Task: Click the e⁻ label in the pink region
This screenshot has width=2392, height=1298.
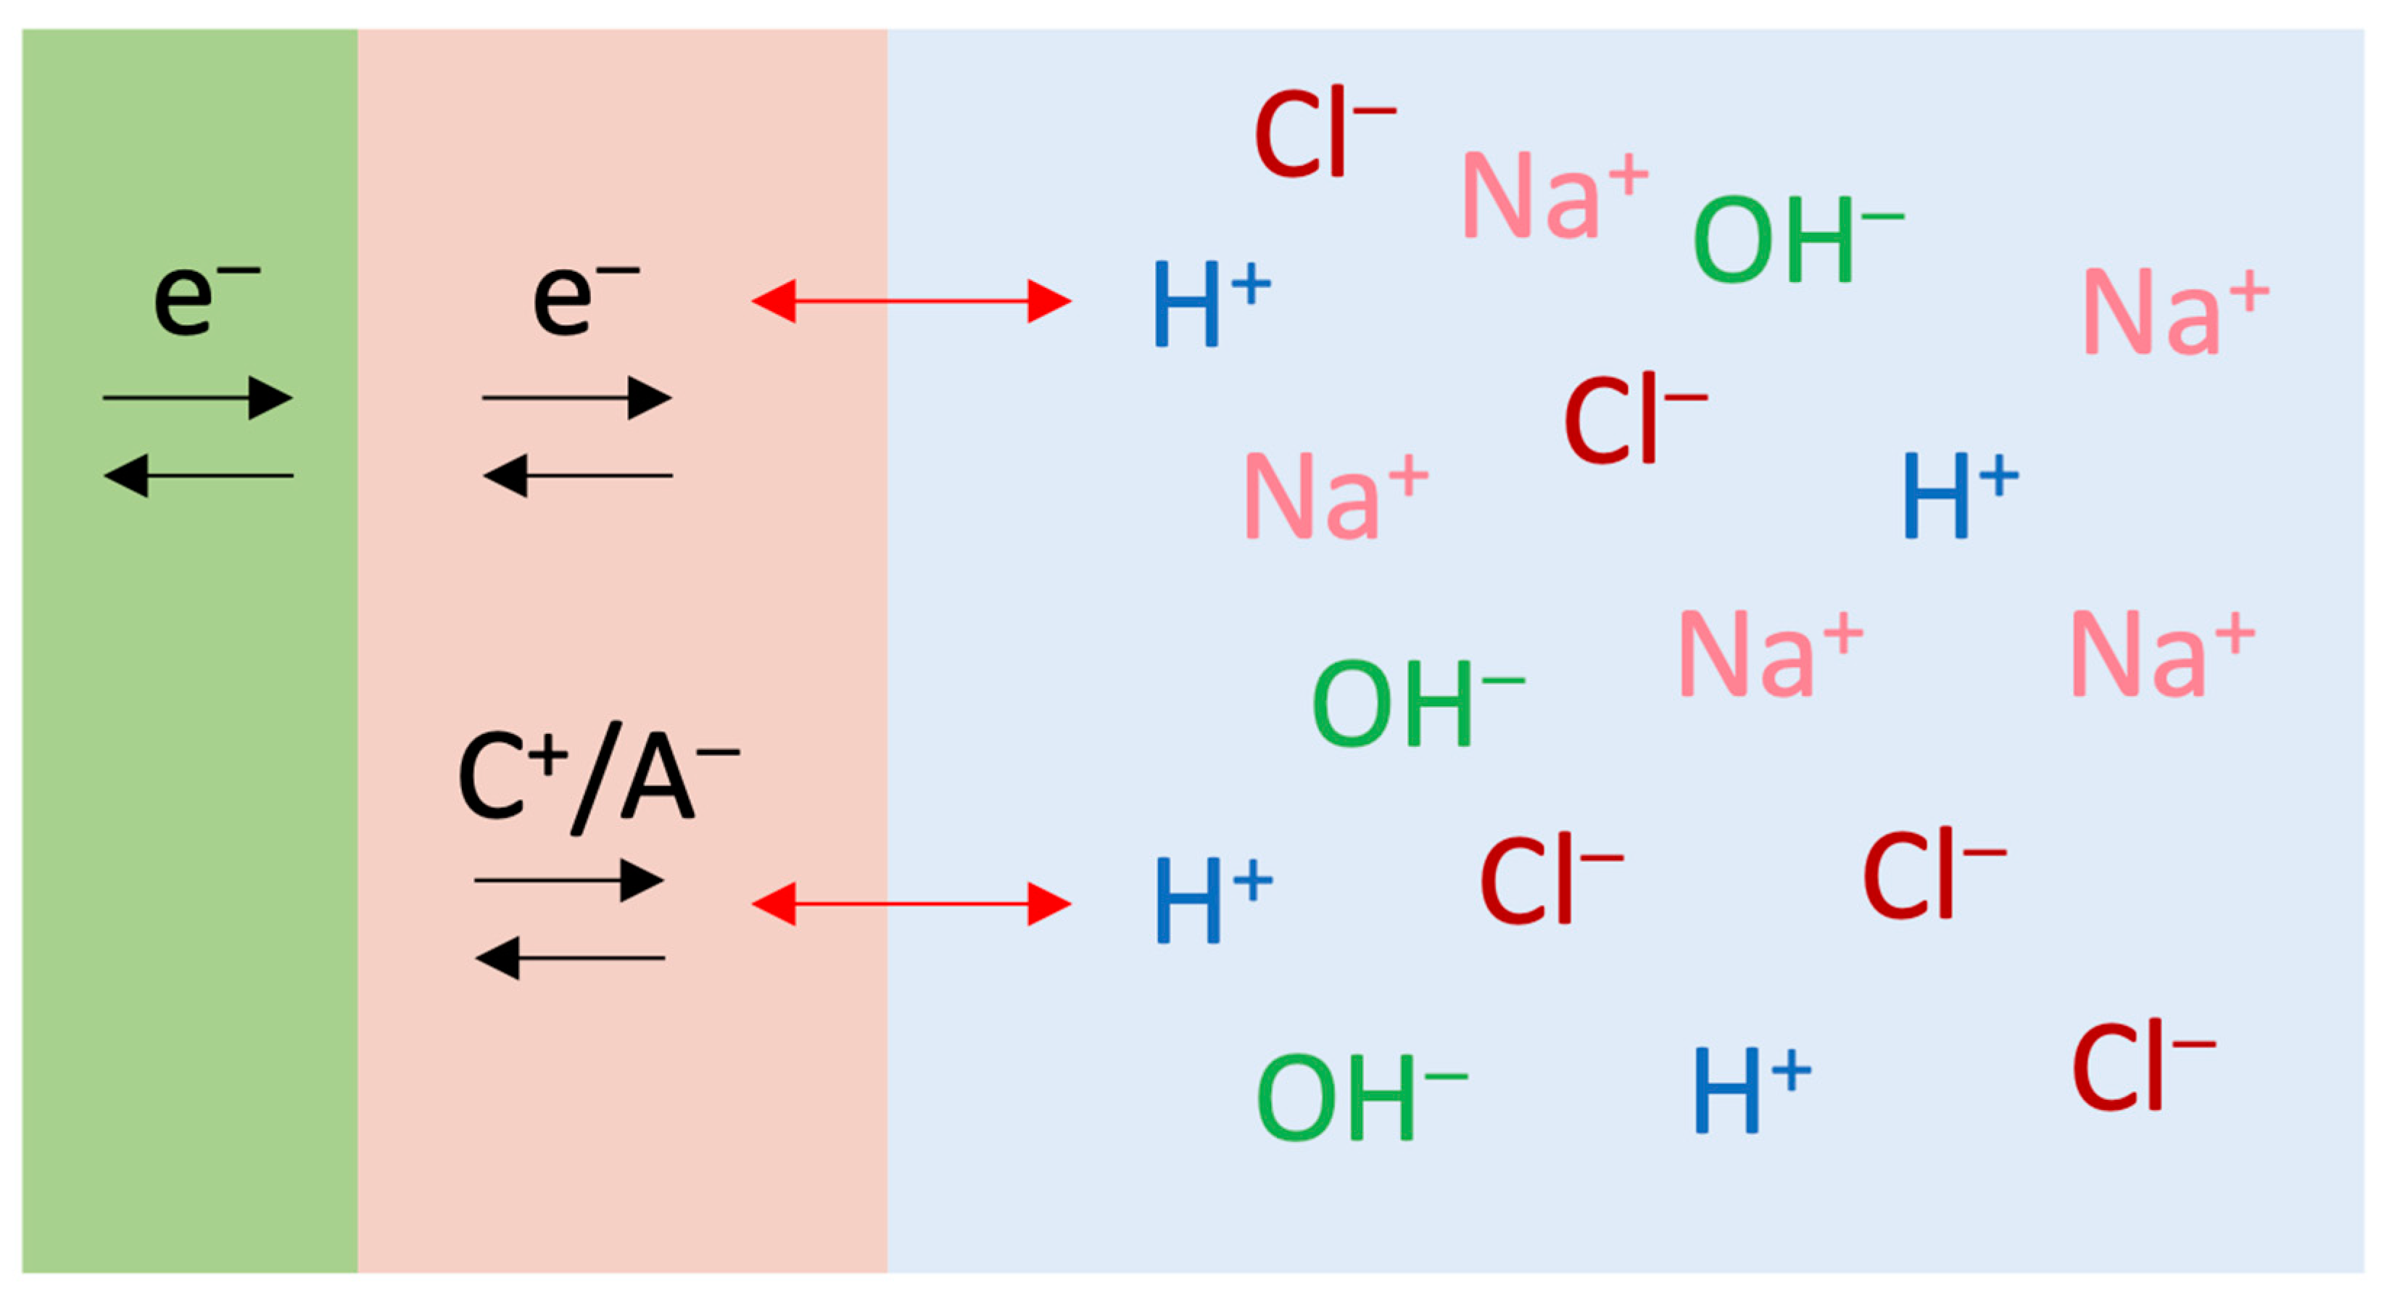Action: click(x=582, y=298)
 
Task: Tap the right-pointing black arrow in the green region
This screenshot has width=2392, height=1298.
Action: click(x=198, y=398)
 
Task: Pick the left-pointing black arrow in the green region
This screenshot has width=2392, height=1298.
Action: click(x=198, y=476)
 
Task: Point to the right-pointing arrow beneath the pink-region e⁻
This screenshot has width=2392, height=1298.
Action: click(x=576, y=398)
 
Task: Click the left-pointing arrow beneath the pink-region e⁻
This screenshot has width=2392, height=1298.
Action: click(x=576, y=476)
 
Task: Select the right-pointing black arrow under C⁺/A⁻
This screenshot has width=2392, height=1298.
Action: click(x=569, y=880)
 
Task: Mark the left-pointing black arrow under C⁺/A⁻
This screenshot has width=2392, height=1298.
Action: click(x=569, y=957)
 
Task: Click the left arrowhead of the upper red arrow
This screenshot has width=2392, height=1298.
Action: click(x=774, y=301)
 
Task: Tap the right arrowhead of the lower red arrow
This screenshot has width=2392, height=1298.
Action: click(x=1049, y=904)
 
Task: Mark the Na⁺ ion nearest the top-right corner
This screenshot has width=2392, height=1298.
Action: click(x=2173, y=311)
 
